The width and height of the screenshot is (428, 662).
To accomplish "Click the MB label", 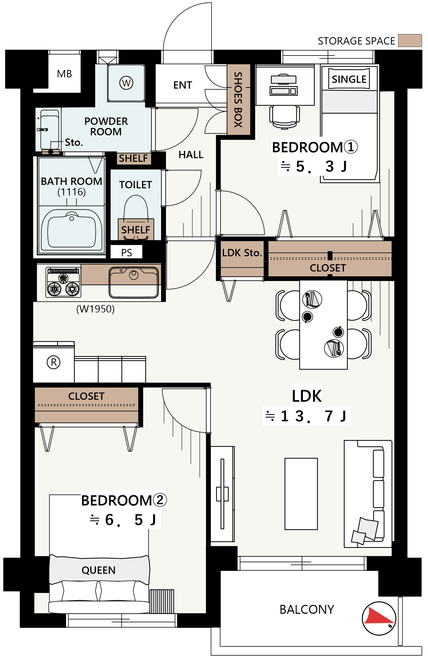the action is (x=65, y=74).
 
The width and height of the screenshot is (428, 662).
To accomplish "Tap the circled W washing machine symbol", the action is (x=126, y=83).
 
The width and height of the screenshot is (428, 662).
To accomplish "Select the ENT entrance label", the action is (x=183, y=85).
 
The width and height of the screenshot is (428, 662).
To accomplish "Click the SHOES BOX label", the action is (x=238, y=99).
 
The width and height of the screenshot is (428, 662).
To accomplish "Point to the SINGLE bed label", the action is (x=349, y=79).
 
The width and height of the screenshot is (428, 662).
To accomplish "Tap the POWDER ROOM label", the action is (x=106, y=126).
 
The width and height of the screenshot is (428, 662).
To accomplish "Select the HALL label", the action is (x=191, y=155).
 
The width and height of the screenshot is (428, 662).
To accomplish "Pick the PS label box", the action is (x=126, y=252).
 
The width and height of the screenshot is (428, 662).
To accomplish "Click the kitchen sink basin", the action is (x=134, y=283).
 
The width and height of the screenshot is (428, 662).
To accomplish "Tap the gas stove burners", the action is (x=63, y=283).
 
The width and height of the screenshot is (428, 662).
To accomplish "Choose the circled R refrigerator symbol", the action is (x=54, y=362).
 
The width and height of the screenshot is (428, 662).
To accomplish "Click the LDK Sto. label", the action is (x=242, y=253).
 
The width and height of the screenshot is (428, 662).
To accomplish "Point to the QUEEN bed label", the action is (x=98, y=570).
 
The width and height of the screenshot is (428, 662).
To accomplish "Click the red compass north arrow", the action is (x=378, y=616).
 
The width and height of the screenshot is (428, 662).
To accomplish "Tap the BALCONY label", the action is (x=307, y=610).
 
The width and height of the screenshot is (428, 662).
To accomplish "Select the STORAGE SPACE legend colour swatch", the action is (x=410, y=41).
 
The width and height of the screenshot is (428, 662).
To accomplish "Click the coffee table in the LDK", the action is (x=301, y=494).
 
